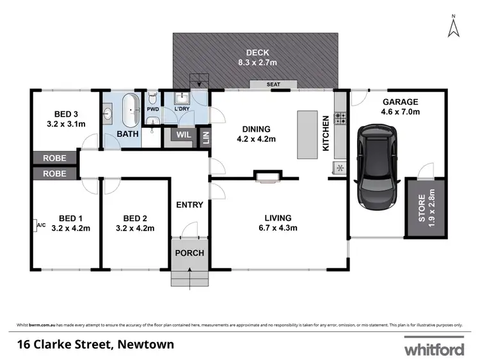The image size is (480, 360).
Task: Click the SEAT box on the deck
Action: (273, 84)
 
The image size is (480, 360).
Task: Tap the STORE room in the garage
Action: (421, 208)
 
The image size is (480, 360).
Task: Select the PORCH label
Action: (190, 253)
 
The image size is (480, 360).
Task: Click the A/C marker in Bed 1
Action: (41, 224)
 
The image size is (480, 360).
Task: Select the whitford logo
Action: (433, 350)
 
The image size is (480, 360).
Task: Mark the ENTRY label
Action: (190, 205)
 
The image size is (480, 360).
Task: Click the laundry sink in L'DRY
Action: (182, 99)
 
